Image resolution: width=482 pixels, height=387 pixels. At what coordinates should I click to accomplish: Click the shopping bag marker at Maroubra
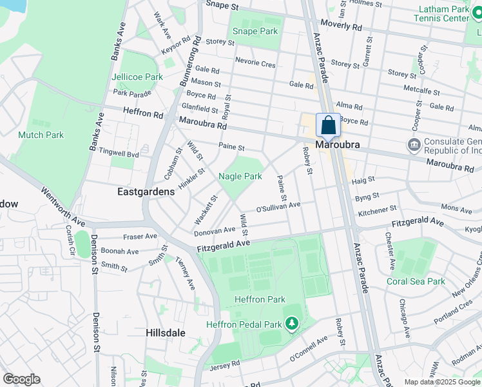coord(328,125)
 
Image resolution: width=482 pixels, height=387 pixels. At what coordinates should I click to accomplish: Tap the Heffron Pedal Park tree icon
coord(293,322)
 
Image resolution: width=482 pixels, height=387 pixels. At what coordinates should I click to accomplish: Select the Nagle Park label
coord(240,176)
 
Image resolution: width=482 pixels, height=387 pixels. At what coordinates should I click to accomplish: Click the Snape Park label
coord(255,31)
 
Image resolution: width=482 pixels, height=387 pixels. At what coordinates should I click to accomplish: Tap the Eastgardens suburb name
coord(146,192)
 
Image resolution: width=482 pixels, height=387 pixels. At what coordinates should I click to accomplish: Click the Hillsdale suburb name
coord(165,333)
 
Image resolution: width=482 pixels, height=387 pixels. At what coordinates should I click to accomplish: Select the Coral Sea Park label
coord(416,281)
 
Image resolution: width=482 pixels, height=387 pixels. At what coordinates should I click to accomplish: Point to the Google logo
coord(22,379)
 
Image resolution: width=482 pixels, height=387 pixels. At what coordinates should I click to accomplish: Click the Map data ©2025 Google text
coord(442,382)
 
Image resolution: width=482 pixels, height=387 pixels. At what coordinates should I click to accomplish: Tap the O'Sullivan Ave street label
coord(278,208)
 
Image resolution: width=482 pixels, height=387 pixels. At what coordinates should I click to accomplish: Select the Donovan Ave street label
coord(215,230)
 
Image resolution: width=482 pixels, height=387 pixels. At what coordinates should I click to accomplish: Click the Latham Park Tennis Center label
coord(445,14)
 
